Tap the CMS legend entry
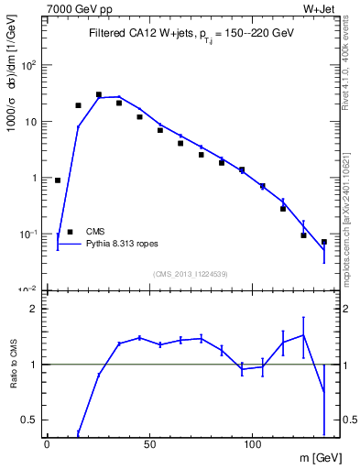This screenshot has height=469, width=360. pos(95,232)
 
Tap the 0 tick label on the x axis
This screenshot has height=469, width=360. pos(47,445)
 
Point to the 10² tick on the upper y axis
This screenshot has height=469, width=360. pos(29,65)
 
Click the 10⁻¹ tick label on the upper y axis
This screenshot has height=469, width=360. pos(29,234)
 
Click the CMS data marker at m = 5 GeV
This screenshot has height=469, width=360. pos(58,180)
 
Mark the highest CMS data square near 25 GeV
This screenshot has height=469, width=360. pos(99,94)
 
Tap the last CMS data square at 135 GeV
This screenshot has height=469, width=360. pos(324,242)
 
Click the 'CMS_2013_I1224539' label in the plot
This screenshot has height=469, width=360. pos(190,273)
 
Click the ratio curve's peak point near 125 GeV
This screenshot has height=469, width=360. pos(303,335)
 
